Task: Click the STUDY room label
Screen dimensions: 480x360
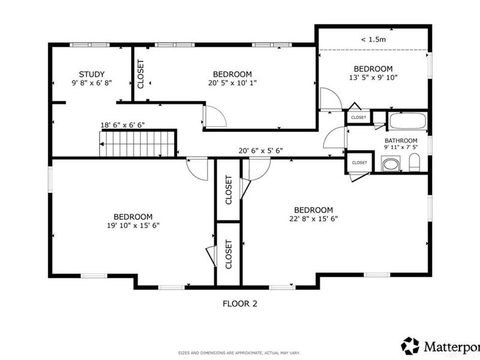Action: pyautogui.click(x=92, y=74)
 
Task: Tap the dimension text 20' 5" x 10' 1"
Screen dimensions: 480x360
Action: pyautogui.click(x=232, y=83)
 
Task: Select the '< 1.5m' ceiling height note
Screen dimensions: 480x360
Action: pyautogui.click(x=373, y=40)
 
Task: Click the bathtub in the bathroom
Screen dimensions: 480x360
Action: pyautogui.click(x=408, y=121)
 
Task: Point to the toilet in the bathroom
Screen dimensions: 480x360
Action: pyautogui.click(x=414, y=163)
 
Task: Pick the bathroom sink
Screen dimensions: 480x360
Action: pyautogui.click(x=391, y=164)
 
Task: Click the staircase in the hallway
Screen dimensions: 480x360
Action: pyautogui.click(x=137, y=143)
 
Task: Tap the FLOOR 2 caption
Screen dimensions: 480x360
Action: pyautogui.click(x=240, y=304)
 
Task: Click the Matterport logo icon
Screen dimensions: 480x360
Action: pyautogui.click(x=410, y=346)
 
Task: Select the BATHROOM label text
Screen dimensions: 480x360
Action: pyautogui.click(x=401, y=140)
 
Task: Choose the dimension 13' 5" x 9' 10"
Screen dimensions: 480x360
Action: pyautogui.click(x=373, y=77)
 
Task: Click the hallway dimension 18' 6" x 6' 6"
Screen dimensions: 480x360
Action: pyautogui.click(x=123, y=125)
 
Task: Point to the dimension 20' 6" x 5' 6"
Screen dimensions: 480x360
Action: pyautogui.click(x=260, y=151)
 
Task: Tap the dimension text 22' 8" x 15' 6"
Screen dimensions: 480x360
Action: pyautogui.click(x=313, y=219)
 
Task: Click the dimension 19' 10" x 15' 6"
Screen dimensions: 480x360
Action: pyautogui.click(x=133, y=226)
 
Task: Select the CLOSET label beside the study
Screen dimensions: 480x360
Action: pyautogui.click(x=140, y=74)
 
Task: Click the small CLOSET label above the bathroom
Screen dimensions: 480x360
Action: pyautogui.click(x=358, y=118)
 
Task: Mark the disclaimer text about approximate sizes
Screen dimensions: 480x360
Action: pyautogui.click(x=239, y=353)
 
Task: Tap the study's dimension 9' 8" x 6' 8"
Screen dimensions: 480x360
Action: pyautogui.click(x=92, y=83)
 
